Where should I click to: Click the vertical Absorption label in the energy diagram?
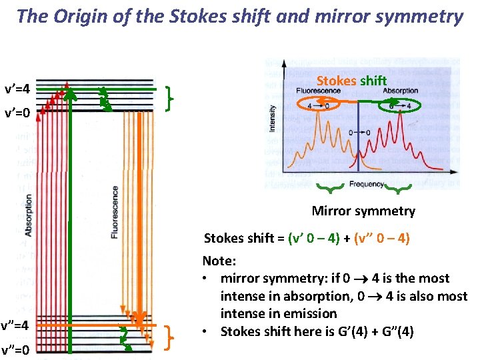pyautogui.click(x=29, y=215)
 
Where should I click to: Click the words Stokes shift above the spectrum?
pyautogui.click(x=351, y=81)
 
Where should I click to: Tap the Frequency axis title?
pyautogui.click(x=365, y=184)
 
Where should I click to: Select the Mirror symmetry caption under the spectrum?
pyautogui.click(x=363, y=211)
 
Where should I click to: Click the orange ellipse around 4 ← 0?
pyautogui.click(x=318, y=105)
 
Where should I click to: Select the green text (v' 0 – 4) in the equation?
pyautogui.click(x=319, y=239)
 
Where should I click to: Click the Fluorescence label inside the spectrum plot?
pyautogui.click(x=317, y=90)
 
